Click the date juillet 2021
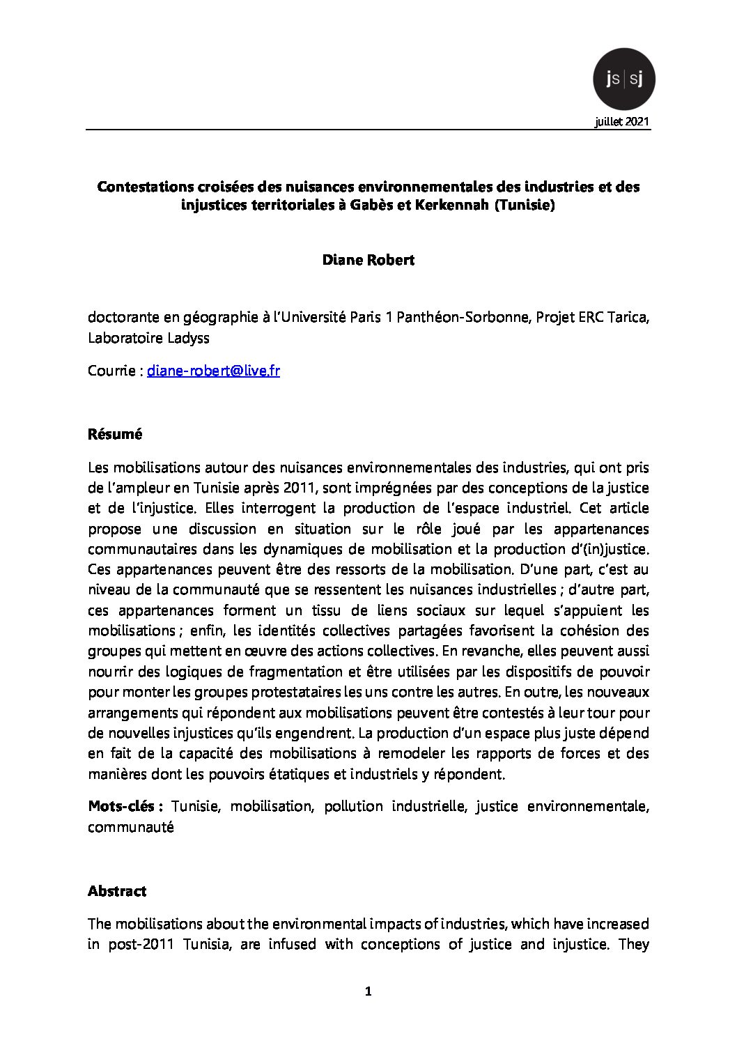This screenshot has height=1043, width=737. (622, 122)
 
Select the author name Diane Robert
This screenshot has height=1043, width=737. (368, 260)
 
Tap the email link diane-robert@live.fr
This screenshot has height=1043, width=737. (213, 371)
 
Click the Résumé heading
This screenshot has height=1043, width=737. (115, 434)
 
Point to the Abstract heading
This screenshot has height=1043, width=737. (117, 891)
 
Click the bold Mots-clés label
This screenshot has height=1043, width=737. (125, 807)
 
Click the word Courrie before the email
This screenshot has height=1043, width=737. (111, 371)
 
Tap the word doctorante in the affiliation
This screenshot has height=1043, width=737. (122, 318)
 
